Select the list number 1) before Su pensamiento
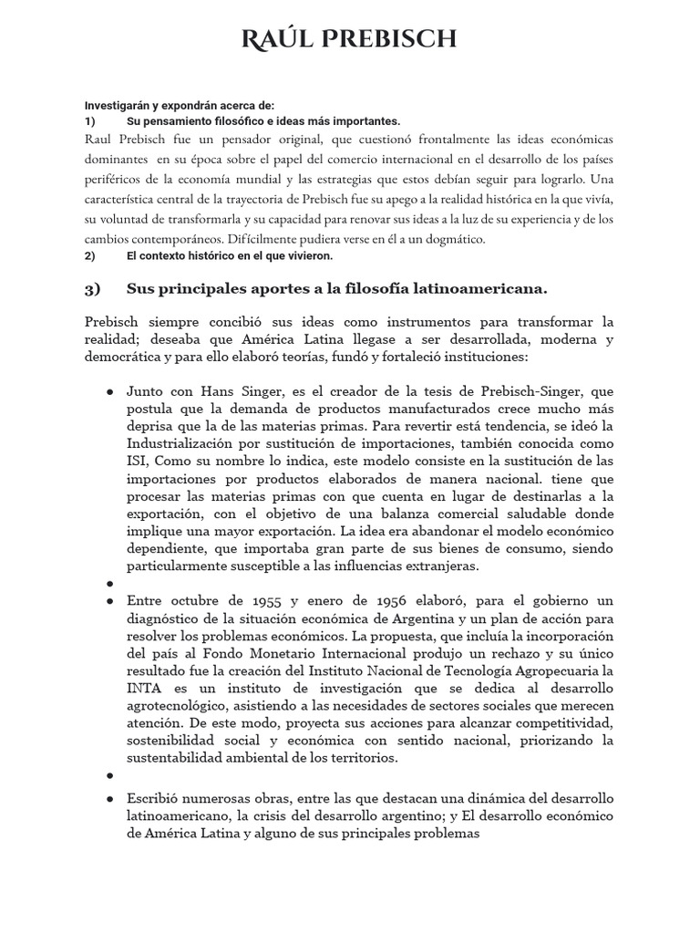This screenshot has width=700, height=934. tap(90, 121)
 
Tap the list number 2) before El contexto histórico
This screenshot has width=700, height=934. tap(90, 255)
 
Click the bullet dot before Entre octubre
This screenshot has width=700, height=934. tap(110, 601)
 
